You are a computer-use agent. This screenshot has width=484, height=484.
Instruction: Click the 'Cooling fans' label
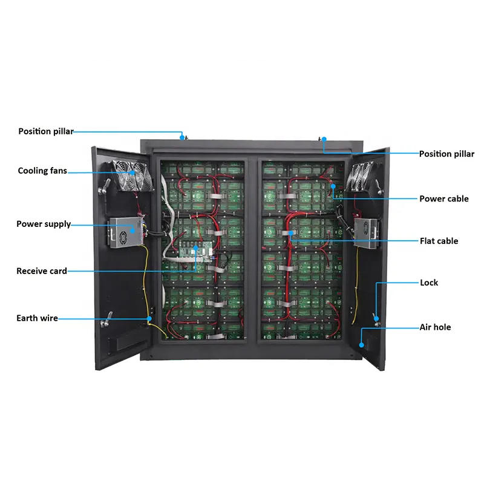point(42,171)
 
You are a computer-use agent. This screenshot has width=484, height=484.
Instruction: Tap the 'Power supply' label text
point(44,224)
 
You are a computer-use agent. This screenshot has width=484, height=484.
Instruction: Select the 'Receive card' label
point(42,271)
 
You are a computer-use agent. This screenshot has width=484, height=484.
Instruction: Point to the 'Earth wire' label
point(37,318)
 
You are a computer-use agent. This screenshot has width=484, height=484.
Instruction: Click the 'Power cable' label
point(444,199)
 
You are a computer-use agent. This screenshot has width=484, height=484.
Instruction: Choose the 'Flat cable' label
point(439,241)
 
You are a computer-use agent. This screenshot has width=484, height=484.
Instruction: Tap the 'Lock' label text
point(429,283)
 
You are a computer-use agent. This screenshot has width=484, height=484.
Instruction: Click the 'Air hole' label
point(435,327)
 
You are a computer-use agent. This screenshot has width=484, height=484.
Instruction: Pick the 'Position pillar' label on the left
point(46,131)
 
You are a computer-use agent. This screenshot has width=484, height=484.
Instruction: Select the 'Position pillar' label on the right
point(446,154)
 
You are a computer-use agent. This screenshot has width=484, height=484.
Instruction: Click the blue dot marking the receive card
point(195,248)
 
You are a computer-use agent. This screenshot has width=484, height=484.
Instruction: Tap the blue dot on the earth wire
point(149,319)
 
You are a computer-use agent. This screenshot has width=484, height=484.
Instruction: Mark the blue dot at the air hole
point(361,345)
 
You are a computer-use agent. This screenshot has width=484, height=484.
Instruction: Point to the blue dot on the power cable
point(333,186)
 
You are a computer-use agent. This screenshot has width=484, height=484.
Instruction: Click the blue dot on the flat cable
point(291,234)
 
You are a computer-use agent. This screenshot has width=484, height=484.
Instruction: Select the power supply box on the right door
point(367,233)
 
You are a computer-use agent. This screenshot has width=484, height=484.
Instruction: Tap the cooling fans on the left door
point(132,175)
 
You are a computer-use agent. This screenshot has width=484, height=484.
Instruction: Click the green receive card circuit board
point(196,250)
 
